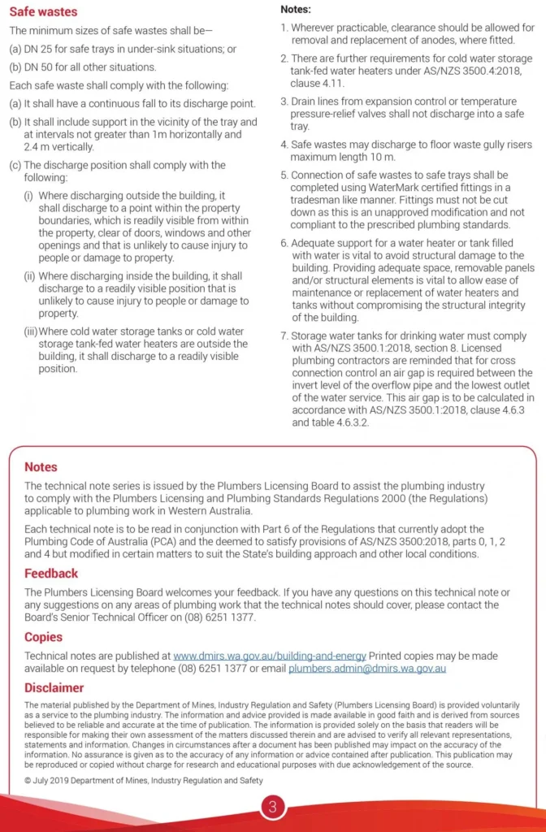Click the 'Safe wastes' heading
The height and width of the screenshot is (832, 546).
pos(43,12)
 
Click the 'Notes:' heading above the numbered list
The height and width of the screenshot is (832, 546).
pos(297,9)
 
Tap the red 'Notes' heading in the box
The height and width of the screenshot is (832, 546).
pos(41,467)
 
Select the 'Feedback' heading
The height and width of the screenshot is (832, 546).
pos(51,574)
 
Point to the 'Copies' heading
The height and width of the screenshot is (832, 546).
pos(43,637)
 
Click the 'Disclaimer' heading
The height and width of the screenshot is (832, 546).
pos(54,687)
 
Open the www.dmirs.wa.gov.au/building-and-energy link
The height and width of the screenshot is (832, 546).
pos(270,656)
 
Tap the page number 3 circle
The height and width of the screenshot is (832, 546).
pos(273,808)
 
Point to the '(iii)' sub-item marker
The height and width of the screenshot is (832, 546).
pos(31,331)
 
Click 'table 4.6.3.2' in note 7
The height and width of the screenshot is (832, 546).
pos(336,422)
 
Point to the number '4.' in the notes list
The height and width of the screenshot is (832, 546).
pos(284,145)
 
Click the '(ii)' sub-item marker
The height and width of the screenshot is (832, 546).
pos(30,276)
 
